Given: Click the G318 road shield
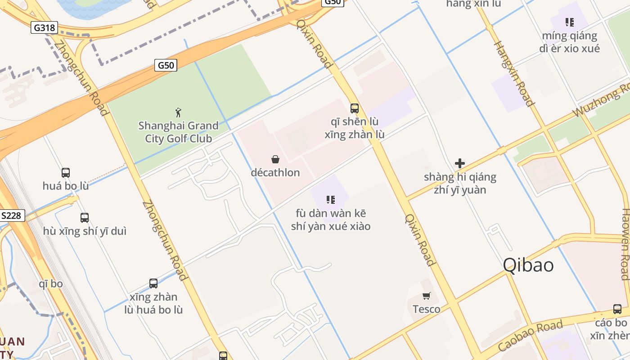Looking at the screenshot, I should [45, 28].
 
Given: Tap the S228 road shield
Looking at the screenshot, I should [11, 216].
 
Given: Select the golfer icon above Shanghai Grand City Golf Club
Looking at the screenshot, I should [178, 112].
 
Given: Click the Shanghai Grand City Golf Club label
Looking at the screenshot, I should [178, 132].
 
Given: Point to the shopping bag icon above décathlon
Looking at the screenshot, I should [275, 159].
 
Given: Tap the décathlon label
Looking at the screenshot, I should [275, 172].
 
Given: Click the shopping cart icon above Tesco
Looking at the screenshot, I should [426, 296].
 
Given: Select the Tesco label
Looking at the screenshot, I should [426, 309].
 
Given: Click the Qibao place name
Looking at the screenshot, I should [528, 265].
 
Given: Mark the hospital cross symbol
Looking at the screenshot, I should [460, 163].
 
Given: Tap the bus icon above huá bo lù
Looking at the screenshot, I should [66, 172].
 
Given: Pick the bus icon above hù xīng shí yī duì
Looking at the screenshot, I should [85, 218].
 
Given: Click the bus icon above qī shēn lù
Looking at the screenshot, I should [355, 108].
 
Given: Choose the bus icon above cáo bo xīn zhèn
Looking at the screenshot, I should [617, 310].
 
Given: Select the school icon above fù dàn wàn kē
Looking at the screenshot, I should [331, 199].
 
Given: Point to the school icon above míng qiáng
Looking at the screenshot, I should [570, 22].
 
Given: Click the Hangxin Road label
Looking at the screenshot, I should [513, 73].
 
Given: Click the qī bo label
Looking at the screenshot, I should [51, 284].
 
